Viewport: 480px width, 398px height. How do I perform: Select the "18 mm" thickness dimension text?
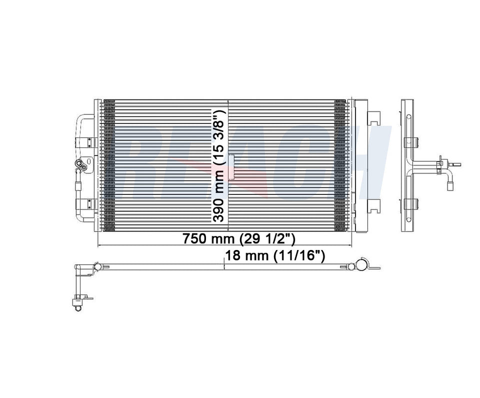(248, 256)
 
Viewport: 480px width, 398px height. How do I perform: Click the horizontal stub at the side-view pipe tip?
(455, 163)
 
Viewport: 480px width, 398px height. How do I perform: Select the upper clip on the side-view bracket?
(409, 141)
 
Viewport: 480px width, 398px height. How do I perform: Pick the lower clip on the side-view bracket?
(409, 203)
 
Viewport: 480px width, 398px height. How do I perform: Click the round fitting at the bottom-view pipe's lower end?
(77, 308)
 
